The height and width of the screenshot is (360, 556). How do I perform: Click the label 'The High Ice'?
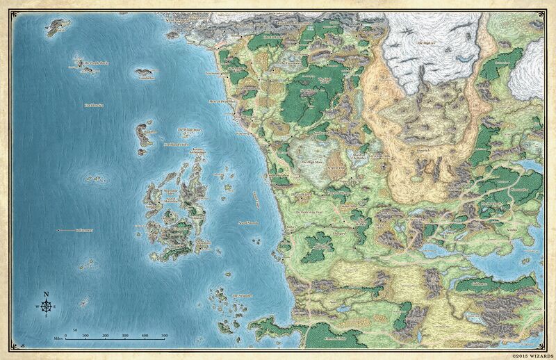click(x=429, y=43)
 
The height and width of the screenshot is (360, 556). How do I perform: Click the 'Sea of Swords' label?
click(x=249, y=222)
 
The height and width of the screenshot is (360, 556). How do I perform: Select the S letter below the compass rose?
click(x=47, y=316)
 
